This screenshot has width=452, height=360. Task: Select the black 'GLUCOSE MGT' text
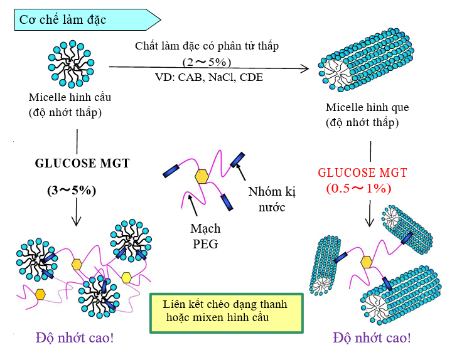(x=82, y=164)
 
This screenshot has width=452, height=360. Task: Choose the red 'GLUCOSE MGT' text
(x=362, y=172)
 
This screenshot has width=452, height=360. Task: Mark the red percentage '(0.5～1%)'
(x=358, y=188)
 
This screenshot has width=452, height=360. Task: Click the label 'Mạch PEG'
(x=204, y=236)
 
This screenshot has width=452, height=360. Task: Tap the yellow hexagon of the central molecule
(x=202, y=177)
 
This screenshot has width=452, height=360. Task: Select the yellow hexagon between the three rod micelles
(x=367, y=262)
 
